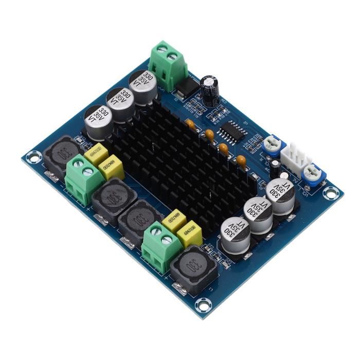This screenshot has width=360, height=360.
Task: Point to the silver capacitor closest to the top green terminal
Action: point(142,86)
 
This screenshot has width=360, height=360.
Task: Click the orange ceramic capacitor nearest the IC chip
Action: point(209,134)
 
